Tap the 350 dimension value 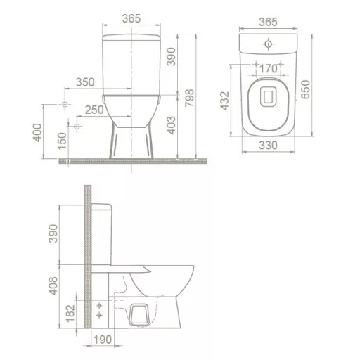point(84,83)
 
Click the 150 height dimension point(62,142)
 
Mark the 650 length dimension point(304,87)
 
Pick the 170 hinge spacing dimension point(266,69)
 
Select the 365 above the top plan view point(267,22)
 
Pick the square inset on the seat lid point(267,96)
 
